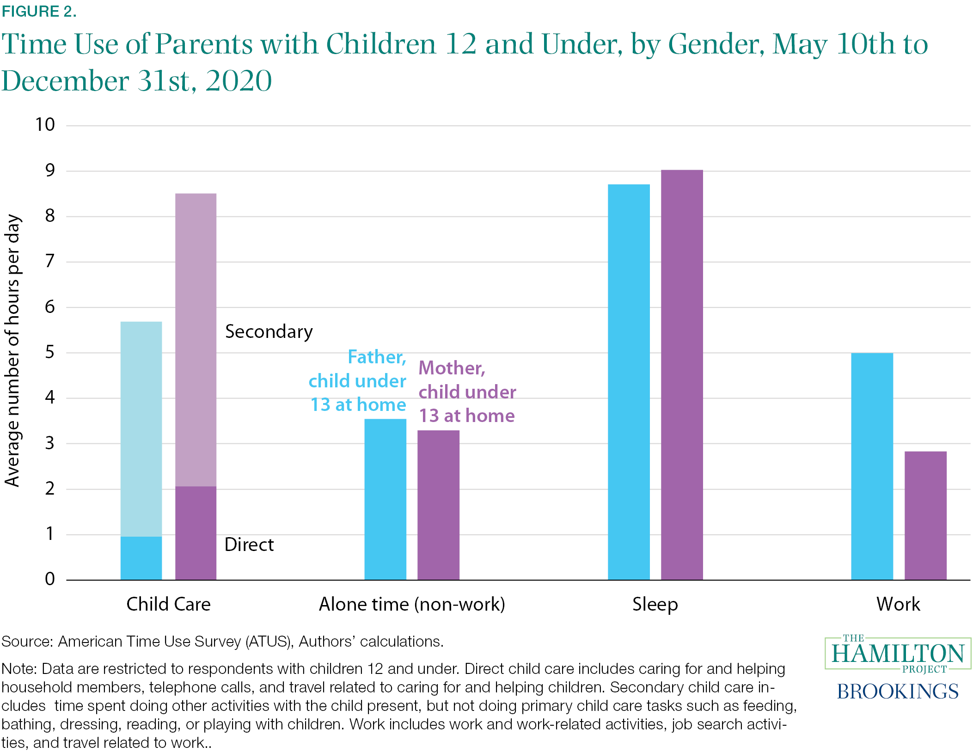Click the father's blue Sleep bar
[629, 382]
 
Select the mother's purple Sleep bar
[682, 375]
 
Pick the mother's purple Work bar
[925, 515]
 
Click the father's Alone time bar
[385, 499]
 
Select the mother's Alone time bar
[438, 505]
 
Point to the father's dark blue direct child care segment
[141, 558]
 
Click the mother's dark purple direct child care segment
[196, 533]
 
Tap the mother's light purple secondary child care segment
[196, 340]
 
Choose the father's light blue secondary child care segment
[141, 429]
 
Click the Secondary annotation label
[269, 332]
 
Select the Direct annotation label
[249, 545]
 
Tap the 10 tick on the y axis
[45, 125]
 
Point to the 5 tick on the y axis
[49, 352]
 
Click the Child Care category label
[168, 604]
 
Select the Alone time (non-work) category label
[412, 604]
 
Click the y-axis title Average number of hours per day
[12, 350]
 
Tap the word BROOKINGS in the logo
[898, 692]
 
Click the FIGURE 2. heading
[39, 12]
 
